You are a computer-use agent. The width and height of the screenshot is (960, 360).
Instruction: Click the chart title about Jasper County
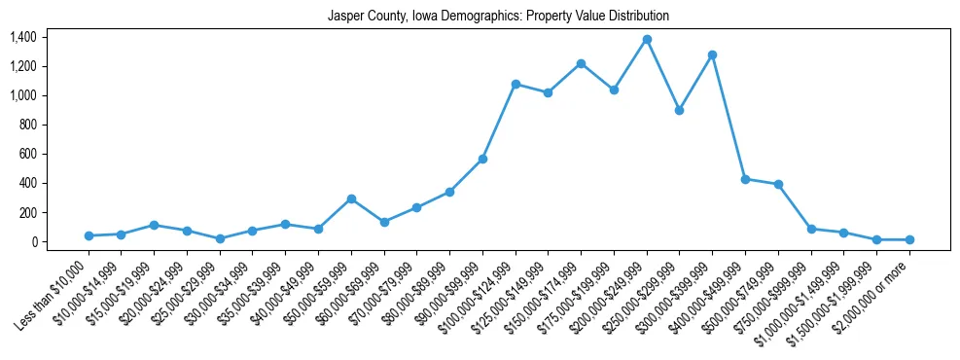coord(498,17)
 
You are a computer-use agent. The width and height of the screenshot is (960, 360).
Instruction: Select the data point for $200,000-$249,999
coord(647,39)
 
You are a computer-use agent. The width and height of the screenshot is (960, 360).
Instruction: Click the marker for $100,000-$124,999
coord(516,84)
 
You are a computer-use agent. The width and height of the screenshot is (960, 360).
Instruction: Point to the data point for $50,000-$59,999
coord(351,198)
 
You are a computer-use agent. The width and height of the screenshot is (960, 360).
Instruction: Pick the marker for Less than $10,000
coord(89,235)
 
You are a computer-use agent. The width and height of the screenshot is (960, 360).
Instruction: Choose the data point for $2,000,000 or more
coord(909,239)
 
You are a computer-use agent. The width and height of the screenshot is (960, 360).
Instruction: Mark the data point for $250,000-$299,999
coord(680,110)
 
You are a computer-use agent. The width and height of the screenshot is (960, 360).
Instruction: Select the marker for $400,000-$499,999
coord(745,179)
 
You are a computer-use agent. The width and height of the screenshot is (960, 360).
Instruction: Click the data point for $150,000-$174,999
coord(581,63)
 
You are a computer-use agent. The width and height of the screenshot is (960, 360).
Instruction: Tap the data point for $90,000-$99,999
coord(482,159)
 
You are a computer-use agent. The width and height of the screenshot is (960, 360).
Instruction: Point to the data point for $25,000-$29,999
coord(220,238)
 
